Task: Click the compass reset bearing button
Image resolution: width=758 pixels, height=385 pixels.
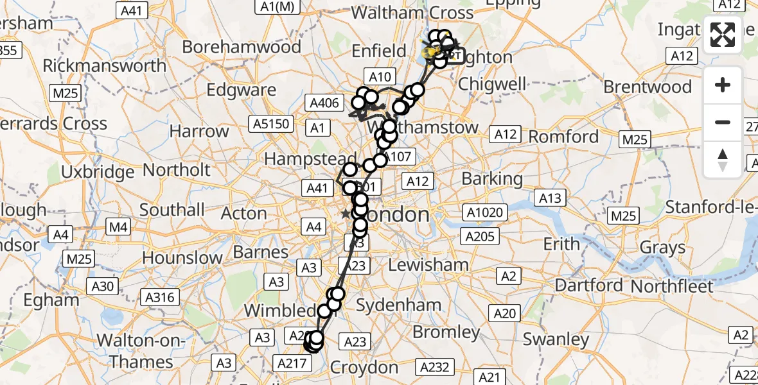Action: click(723, 159)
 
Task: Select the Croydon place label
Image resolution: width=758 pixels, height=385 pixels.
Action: click(364, 368)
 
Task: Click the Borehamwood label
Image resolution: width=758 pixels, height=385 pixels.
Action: click(242, 47)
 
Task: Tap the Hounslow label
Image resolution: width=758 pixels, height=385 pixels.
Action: click(182, 258)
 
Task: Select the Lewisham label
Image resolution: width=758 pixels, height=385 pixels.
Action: click(428, 264)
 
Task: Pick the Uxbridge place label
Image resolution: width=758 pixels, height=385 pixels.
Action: click(98, 172)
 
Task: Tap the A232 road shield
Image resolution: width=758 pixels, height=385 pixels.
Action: click(436, 367)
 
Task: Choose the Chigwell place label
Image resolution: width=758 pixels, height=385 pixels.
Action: click(492, 84)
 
